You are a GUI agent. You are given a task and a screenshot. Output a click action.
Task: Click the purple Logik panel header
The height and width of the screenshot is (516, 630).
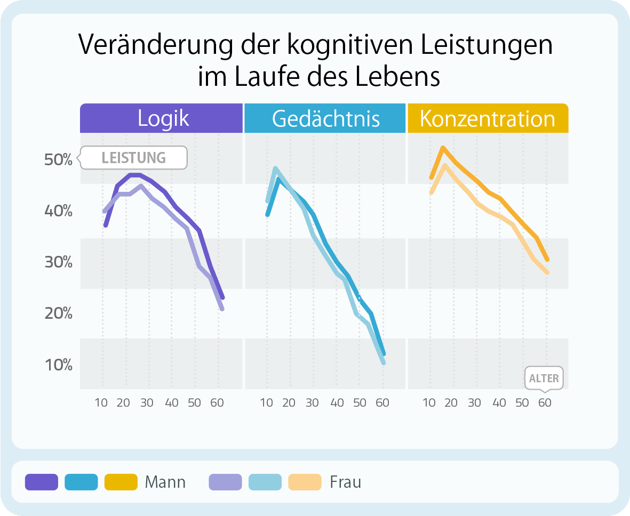coord(162,118)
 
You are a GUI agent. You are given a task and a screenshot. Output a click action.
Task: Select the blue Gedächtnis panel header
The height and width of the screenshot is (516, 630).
coord(325,118)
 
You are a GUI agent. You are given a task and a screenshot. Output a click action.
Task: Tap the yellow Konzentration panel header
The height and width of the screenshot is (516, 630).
coord(488,118)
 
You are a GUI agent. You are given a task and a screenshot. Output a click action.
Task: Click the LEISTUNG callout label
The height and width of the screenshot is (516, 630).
coord(133,158)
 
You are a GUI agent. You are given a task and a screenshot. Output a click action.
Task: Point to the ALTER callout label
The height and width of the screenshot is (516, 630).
coord(544,378)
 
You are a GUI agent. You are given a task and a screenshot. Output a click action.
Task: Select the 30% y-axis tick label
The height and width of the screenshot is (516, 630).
coord(59,262)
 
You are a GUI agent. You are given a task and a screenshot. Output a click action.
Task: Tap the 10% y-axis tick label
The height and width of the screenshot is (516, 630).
coord(59,365)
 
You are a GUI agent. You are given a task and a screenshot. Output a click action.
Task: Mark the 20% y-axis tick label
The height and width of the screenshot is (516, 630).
coord(59,313)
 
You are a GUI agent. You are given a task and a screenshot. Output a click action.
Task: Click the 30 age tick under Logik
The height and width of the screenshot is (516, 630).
coord(147,402)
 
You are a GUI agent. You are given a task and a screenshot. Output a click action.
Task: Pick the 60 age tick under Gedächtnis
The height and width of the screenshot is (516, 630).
coord(382,402)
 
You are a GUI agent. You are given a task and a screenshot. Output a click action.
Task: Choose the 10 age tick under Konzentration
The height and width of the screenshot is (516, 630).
coord(429,402)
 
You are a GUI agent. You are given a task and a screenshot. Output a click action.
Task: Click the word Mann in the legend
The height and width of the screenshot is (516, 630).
coord(165,482)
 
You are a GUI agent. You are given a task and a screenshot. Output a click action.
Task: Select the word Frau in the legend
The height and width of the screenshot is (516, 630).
coord(346,482)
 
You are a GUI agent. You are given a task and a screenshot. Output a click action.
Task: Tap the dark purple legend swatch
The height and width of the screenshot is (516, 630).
coord(41,482)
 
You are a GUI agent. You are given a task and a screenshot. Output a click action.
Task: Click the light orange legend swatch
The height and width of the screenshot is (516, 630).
coord(305,482)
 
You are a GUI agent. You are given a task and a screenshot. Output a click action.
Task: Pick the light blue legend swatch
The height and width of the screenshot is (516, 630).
coord(265,482)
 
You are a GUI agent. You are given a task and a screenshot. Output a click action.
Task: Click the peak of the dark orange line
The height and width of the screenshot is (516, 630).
coord(442,148)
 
